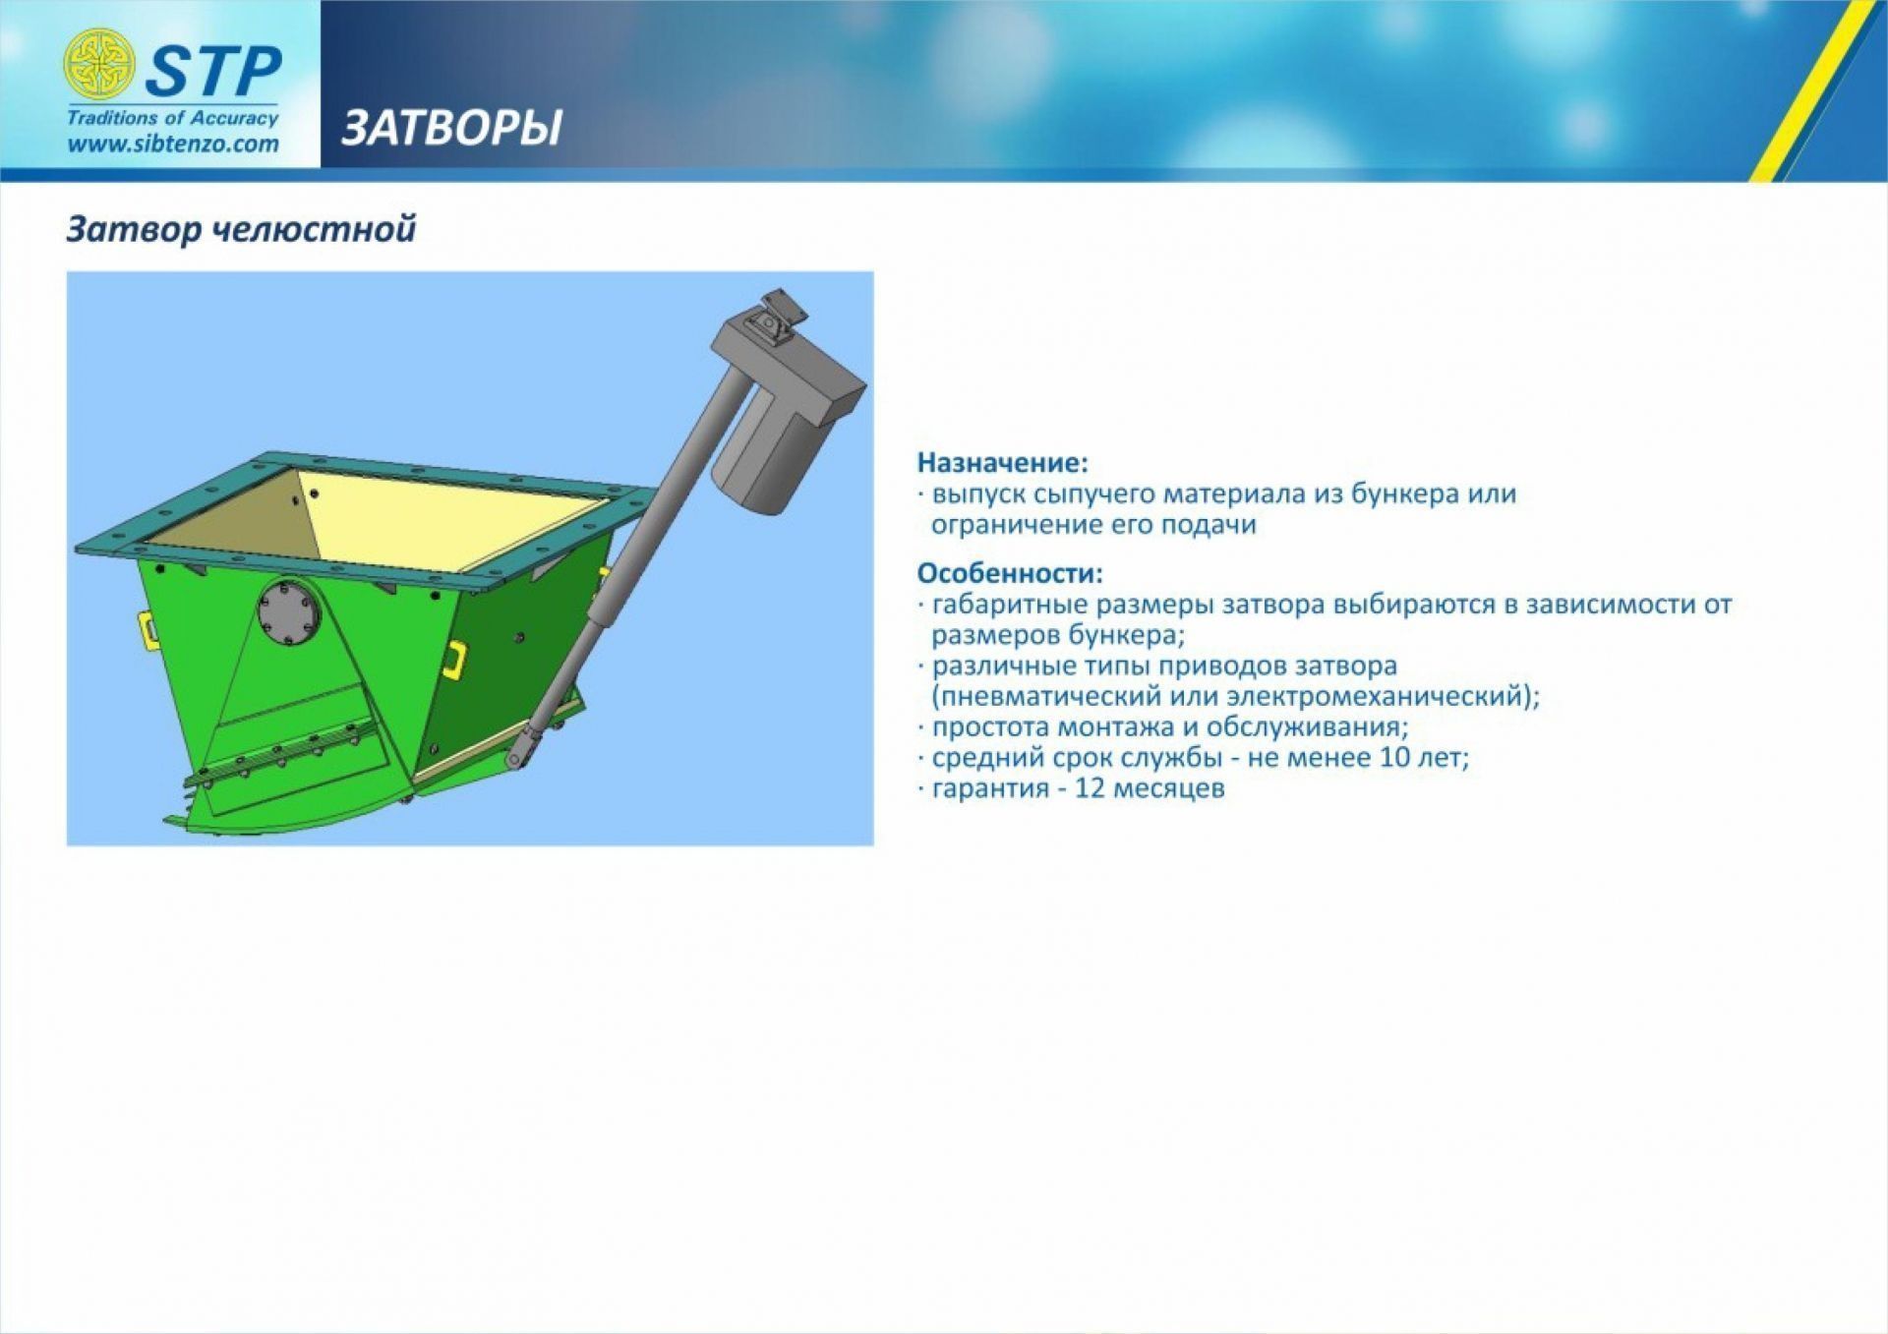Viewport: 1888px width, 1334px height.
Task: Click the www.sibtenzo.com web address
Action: (x=173, y=145)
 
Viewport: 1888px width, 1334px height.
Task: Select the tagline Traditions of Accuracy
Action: (x=173, y=118)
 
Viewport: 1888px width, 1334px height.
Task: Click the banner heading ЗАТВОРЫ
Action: (x=451, y=128)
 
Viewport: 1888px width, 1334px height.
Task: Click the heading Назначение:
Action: (x=1003, y=462)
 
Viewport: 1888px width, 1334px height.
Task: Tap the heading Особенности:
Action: (x=1010, y=573)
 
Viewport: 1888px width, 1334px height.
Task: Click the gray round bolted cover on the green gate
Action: (x=290, y=613)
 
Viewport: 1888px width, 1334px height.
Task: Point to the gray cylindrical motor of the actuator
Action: (x=763, y=452)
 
